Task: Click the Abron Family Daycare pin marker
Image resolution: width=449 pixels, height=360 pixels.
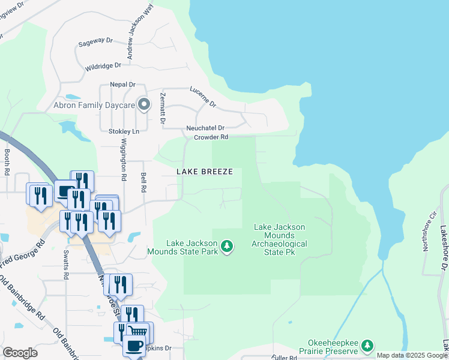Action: click(143, 105)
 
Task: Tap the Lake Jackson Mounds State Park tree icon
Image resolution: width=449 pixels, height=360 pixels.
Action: click(227, 246)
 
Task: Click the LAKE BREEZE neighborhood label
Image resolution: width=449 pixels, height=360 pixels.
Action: click(204, 172)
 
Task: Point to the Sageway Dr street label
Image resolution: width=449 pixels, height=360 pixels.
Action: click(95, 44)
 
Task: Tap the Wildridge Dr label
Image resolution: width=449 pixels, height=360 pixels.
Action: click(103, 65)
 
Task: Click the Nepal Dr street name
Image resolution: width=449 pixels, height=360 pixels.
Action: click(122, 85)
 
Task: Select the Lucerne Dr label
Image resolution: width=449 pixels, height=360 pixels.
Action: click(203, 96)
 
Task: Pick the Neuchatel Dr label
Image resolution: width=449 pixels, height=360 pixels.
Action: click(205, 128)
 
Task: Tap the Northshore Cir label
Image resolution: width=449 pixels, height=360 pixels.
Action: click(430, 231)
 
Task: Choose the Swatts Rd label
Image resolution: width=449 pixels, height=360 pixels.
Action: click(65, 259)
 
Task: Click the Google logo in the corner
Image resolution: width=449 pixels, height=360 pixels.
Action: click(20, 353)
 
